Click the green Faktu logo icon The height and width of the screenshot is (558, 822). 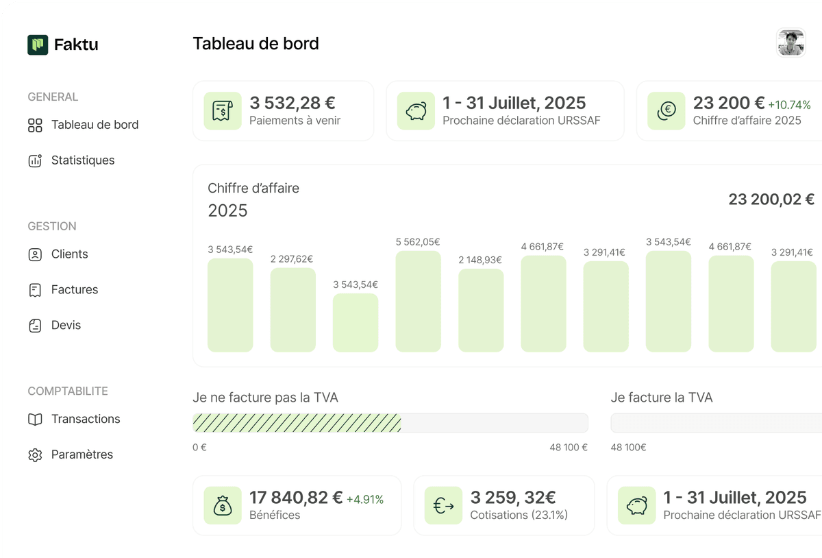(38, 45)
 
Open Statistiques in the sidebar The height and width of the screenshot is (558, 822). (82, 160)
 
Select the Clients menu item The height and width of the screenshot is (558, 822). (69, 254)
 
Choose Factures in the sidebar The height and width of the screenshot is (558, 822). (74, 290)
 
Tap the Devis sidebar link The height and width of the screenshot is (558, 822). (66, 326)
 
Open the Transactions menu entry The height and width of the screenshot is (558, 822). (85, 420)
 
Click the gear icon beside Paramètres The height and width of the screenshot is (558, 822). (35, 455)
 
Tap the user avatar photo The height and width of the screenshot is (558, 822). (790, 43)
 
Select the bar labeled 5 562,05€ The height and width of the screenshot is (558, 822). (418, 302)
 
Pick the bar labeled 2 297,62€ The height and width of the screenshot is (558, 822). (292, 310)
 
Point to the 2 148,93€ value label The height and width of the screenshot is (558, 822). (480, 260)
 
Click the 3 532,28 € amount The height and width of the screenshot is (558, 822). (292, 104)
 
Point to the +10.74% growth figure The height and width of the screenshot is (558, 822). (789, 106)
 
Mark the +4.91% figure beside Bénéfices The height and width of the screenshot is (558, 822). (365, 500)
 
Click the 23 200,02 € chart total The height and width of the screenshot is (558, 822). (771, 199)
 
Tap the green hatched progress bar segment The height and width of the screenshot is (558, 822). (297, 423)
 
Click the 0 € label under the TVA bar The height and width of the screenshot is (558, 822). (199, 448)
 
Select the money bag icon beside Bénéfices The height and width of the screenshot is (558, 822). (223, 506)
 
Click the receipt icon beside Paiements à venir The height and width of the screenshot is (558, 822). (223, 111)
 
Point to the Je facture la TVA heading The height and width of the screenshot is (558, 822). (661, 398)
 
